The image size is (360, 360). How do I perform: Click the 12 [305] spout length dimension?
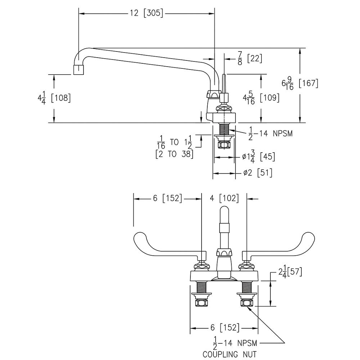[146, 14]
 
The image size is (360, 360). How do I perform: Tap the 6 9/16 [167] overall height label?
[300, 84]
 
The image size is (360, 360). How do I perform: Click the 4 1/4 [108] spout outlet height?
[54, 98]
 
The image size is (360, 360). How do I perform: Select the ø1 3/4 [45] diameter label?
[258, 157]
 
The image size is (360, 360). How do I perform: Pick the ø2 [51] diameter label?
[257, 173]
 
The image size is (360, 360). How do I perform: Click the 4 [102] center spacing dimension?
[224, 198]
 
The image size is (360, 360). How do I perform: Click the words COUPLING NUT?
[230, 355]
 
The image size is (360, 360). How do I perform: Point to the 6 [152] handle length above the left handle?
[167, 198]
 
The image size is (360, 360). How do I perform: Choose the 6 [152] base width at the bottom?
[224, 328]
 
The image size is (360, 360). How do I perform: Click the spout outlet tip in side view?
[78, 69]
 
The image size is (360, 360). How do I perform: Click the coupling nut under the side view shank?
[224, 145]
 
